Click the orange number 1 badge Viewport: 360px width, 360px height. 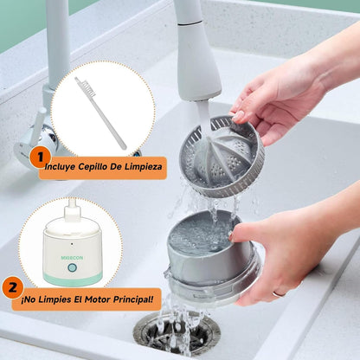[x=40, y=157]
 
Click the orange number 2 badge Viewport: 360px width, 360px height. [x=12, y=288]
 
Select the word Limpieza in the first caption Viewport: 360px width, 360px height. [x=144, y=166]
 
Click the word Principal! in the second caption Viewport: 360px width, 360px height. [x=133, y=299]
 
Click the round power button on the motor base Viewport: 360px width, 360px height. [x=72, y=267]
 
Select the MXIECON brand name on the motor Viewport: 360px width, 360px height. [x=72, y=258]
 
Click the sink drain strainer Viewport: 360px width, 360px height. [x=177, y=334]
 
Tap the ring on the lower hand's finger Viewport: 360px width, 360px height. [x=280, y=294]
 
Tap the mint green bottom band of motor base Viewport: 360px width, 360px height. [x=73, y=280]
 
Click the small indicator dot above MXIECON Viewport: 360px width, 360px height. [x=72, y=244]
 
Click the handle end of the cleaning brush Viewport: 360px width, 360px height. [x=124, y=147]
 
